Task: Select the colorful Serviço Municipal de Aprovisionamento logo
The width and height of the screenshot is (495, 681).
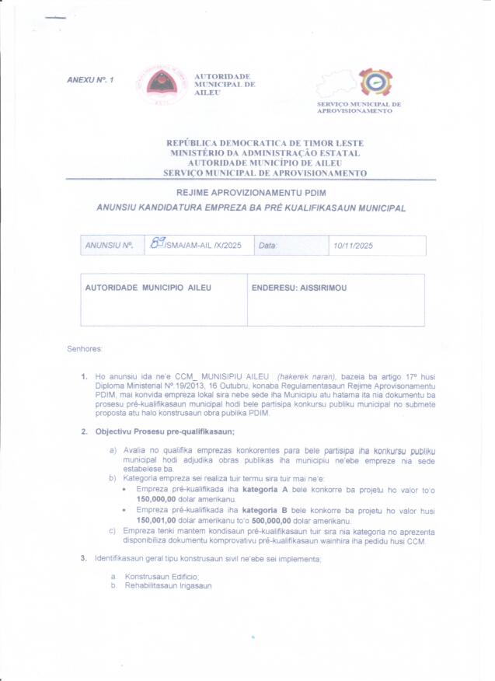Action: [x=375, y=82]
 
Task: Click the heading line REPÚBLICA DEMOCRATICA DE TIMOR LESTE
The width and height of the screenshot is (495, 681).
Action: [x=265, y=143]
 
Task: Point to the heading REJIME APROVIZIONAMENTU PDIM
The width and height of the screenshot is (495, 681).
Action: [x=251, y=194]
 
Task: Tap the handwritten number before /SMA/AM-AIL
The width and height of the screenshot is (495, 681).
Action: [x=158, y=244]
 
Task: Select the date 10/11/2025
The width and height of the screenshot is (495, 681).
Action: [x=353, y=246]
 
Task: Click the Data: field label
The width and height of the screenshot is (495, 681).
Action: [x=267, y=246]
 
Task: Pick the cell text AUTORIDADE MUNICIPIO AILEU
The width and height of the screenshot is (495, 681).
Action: [x=148, y=288]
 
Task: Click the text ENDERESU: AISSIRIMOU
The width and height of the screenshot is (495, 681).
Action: [x=299, y=288]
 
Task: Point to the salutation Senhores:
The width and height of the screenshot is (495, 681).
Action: [x=85, y=348]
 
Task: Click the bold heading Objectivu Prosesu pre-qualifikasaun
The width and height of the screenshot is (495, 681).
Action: [x=165, y=431]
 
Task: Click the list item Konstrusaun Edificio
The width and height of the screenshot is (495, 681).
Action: [x=162, y=576]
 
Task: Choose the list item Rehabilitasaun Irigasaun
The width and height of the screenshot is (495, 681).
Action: [x=168, y=585]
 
